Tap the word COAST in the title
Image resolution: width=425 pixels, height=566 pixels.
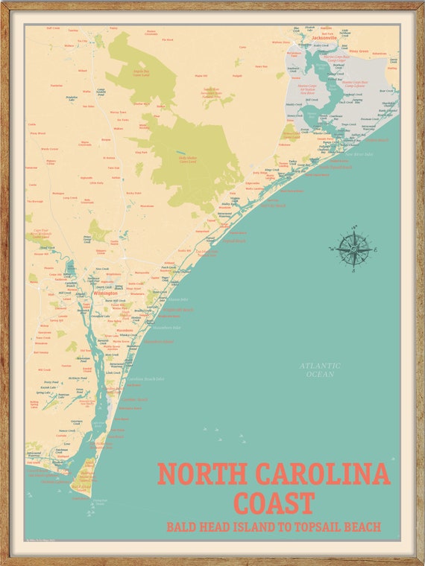(273, 502)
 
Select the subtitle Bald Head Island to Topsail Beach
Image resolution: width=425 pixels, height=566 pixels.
(274, 527)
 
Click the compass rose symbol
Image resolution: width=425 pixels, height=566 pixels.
(353, 249)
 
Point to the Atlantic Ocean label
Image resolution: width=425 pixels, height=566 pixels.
(320, 369)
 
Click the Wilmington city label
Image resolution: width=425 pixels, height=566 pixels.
(104, 293)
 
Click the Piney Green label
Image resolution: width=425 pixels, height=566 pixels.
(359, 51)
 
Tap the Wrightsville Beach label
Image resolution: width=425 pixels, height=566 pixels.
(177, 309)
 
